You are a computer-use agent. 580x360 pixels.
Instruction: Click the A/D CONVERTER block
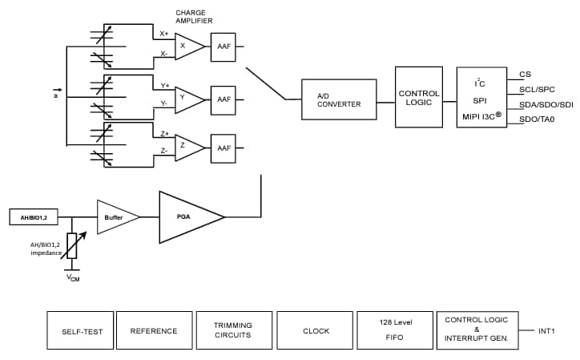(339, 99)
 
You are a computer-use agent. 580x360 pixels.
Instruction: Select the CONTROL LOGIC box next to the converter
(419, 97)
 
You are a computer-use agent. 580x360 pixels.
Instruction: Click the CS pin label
(526, 75)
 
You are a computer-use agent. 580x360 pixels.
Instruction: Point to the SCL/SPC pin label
(537, 90)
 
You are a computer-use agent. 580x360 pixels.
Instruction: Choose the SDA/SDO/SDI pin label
(546, 105)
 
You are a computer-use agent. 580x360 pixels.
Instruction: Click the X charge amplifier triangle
(187, 46)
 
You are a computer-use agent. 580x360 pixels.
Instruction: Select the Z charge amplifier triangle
(187, 147)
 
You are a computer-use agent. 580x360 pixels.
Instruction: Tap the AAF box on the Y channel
(224, 99)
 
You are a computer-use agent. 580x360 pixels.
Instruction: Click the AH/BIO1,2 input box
(34, 216)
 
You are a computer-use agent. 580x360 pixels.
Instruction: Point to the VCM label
(73, 278)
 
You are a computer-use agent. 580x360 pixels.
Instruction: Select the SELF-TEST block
(79, 330)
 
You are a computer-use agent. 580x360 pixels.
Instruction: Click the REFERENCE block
(153, 330)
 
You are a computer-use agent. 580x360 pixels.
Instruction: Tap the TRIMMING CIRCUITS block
(232, 330)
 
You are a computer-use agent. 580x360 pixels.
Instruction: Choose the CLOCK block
(316, 330)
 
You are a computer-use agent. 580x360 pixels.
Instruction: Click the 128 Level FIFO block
(395, 330)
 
